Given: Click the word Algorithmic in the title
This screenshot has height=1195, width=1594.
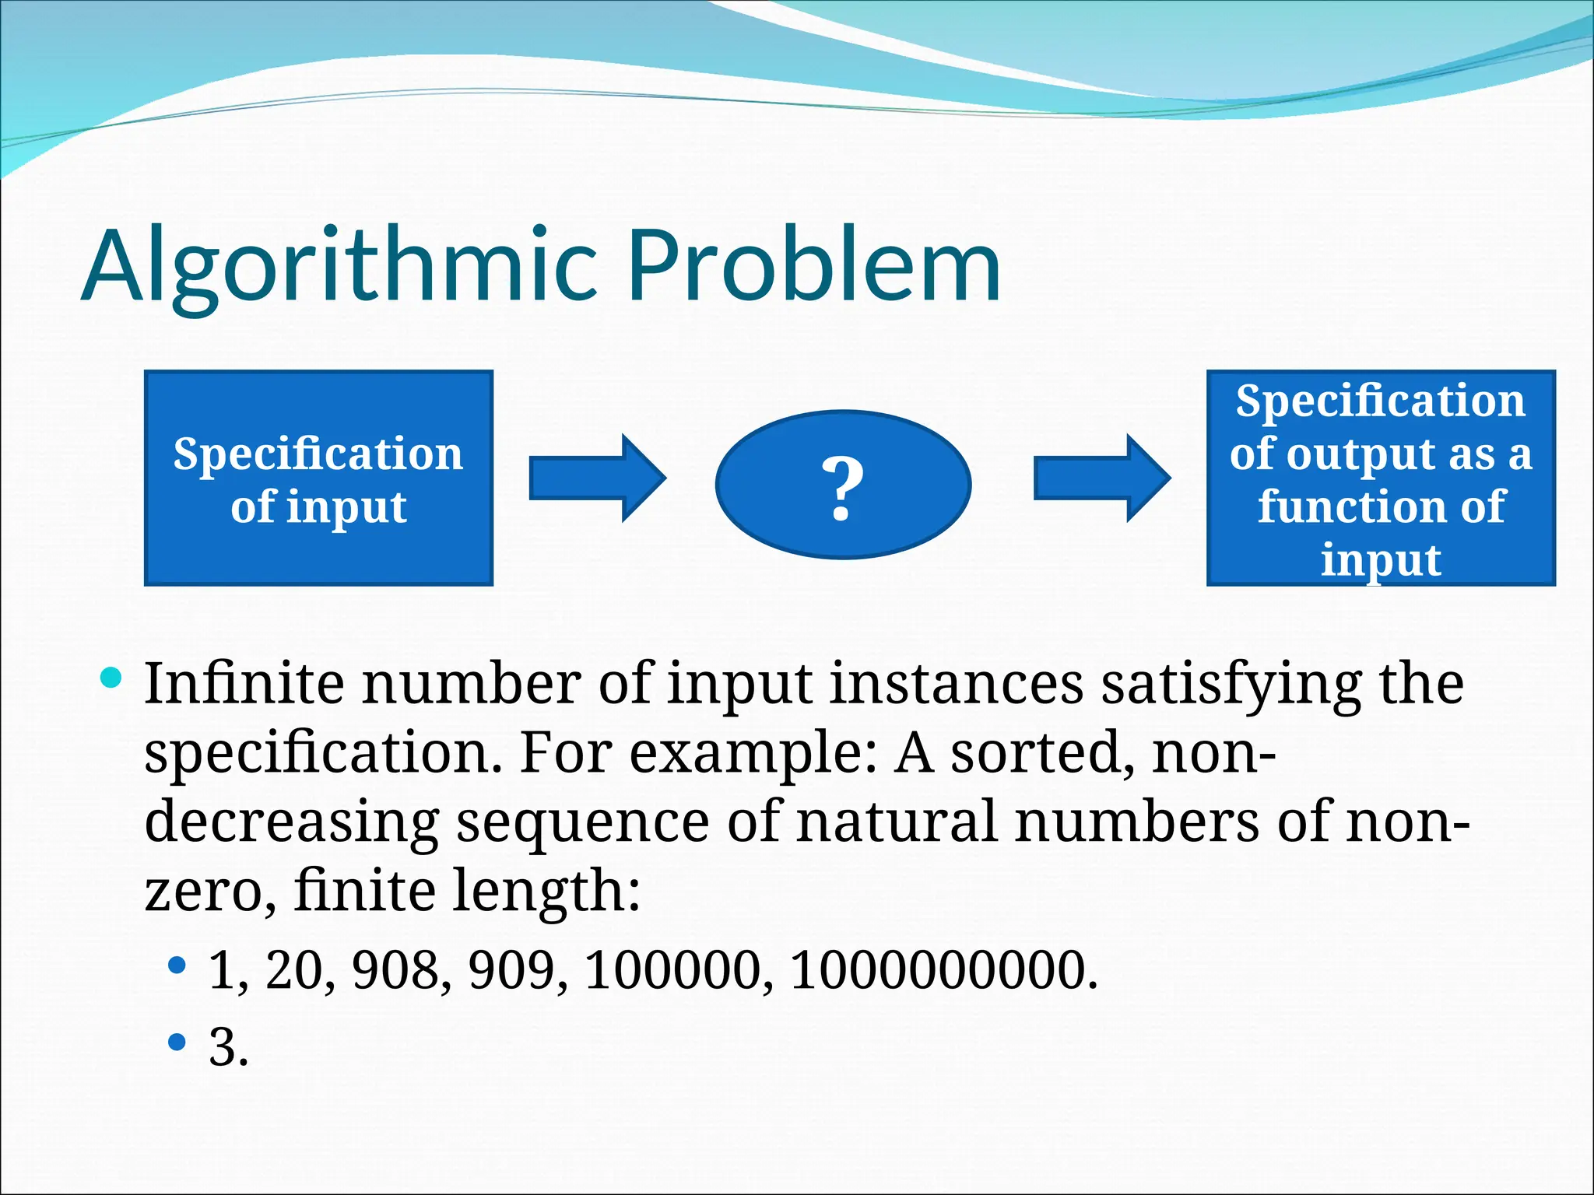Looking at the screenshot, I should coord(339,266).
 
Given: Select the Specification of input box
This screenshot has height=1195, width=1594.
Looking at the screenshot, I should coord(318,478).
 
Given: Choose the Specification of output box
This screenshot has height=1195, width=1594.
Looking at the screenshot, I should coord(1381,478).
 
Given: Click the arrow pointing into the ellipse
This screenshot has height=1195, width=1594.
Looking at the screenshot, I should coord(597,478).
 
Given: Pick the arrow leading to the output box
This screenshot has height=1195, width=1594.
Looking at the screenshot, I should coord(1101,478).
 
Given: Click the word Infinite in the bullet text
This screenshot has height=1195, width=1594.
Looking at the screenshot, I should coord(244,684).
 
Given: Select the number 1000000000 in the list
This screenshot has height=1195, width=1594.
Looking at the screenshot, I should coord(942,970).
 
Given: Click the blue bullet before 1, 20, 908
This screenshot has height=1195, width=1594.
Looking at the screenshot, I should coord(177,965).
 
